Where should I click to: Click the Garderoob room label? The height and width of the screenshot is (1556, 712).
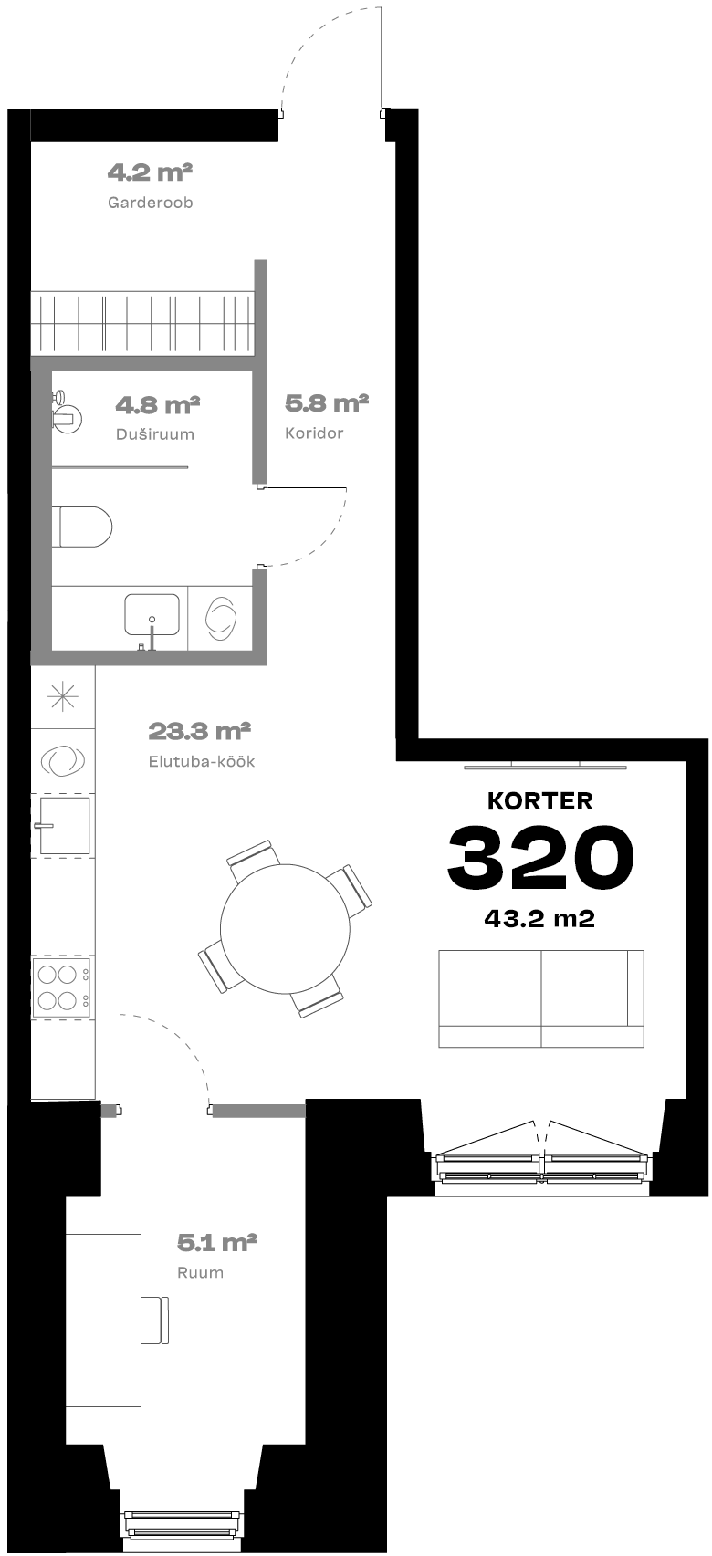point(150,203)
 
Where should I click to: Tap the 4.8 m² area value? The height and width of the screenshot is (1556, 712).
point(158,405)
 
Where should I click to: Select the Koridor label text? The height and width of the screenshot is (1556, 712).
point(314,433)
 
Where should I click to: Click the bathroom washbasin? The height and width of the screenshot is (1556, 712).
point(152,615)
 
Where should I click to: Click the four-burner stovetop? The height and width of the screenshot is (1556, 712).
point(62,987)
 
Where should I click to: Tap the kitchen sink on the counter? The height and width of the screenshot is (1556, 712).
point(64,825)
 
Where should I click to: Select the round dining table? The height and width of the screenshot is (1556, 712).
point(286,928)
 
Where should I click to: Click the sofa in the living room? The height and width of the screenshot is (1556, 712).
point(541,998)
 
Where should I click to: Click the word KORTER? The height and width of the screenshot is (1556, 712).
point(540,801)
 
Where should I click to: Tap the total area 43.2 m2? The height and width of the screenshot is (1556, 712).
point(539,918)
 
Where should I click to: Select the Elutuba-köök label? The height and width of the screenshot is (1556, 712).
point(202,761)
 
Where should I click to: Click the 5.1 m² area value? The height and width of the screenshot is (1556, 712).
point(217,1242)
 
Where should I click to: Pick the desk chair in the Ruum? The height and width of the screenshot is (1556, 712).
point(155,1321)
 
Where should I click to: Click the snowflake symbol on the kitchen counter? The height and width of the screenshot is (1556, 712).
point(62,696)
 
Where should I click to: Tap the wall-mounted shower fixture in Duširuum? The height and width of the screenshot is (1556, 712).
point(66,410)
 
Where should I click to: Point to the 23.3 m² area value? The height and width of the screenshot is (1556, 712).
point(199,732)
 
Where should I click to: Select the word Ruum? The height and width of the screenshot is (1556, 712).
point(200,1272)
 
